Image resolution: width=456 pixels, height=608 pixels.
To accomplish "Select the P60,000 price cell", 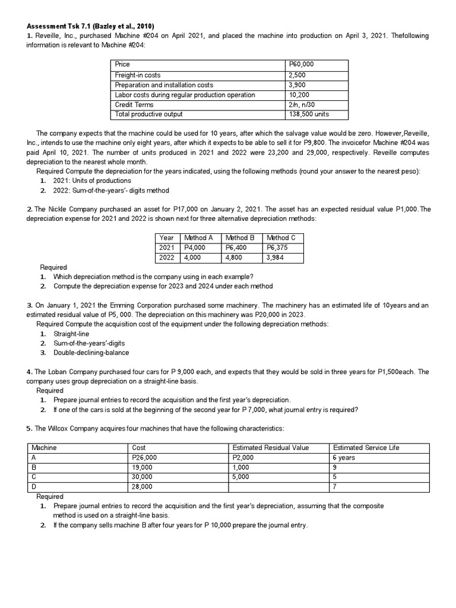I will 301,64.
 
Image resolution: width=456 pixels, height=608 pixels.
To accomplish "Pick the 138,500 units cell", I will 308,114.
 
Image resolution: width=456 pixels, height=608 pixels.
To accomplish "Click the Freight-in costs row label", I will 137,75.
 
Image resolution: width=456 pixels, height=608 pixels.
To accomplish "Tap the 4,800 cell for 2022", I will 235,258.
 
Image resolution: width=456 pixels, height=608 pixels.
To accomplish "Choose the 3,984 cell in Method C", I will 276,258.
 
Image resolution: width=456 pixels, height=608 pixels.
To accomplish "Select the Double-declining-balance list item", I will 91,353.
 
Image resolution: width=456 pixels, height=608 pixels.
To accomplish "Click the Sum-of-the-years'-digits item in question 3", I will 89,343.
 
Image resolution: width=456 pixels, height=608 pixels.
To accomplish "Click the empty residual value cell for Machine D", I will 278,487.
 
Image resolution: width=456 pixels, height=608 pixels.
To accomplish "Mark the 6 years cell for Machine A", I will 344,458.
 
